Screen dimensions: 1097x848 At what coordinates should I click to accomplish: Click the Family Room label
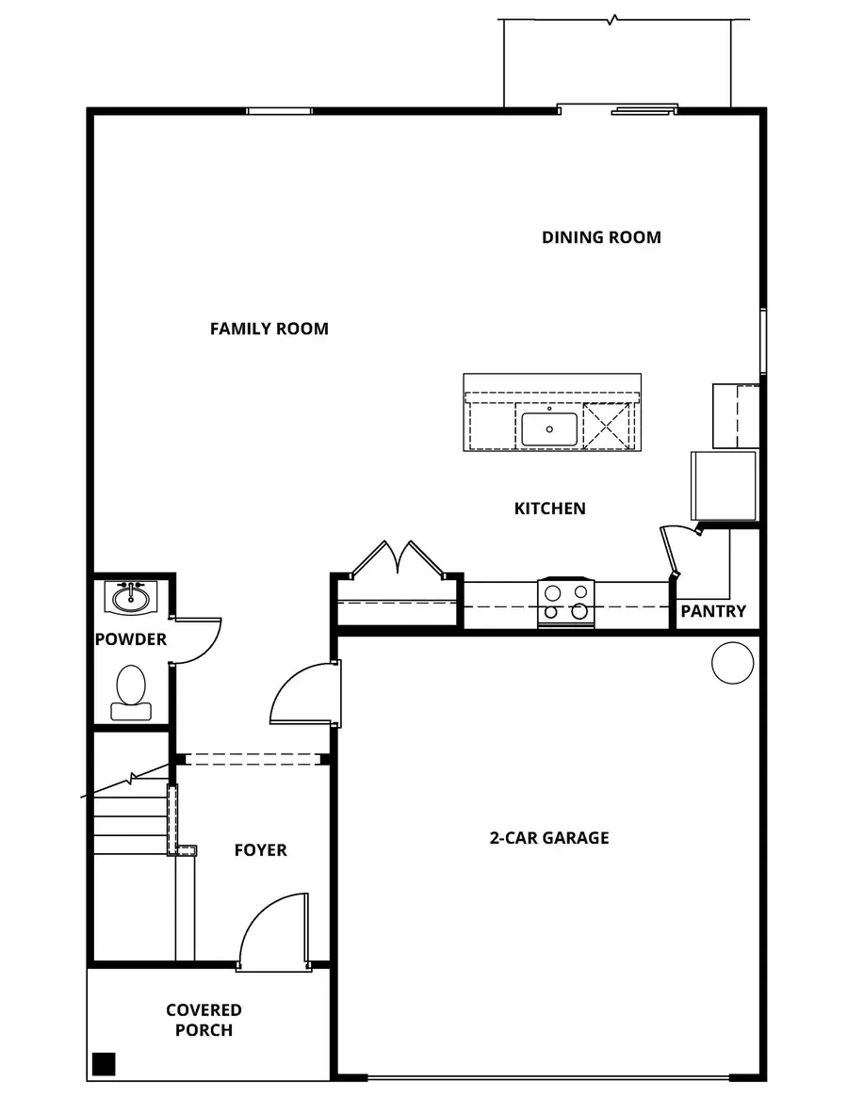pyautogui.click(x=269, y=329)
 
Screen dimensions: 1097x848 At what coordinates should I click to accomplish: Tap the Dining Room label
pyautogui.click(x=601, y=237)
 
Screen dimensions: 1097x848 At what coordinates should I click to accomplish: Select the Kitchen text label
pyautogui.click(x=549, y=508)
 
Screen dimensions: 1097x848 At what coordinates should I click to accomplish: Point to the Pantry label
pyautogui.click(x=713, y=611)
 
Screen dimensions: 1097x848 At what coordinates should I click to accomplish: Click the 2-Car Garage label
pyautogui.click(x=548, y=837)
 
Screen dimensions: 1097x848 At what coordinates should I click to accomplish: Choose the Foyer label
pyautogui.click(x=260, y=850)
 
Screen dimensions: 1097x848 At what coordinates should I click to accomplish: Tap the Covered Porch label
pyautogui.click(x=204, y=1020)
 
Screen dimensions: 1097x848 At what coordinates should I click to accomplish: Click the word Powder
pyautogui.click(x=130, y=639)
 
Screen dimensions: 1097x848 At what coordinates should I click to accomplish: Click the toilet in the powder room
pyautogui.click(x=131, y=692)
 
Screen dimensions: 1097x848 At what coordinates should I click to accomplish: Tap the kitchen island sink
pyautogui.click(x=549, y=429)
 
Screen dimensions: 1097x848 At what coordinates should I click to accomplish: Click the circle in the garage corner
pyautogui.click(x=732, y=663)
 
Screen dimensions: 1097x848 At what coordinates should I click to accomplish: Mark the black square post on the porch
pyautogui.click(x=104, y=1064)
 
